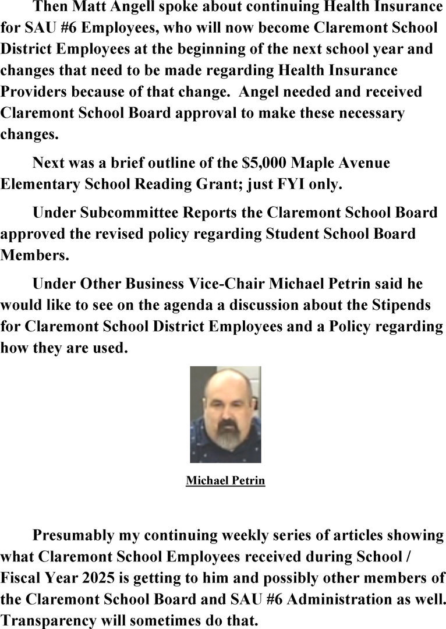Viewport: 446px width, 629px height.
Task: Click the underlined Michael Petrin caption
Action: point(225,481)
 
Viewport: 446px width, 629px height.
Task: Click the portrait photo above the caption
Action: point(225,414)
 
